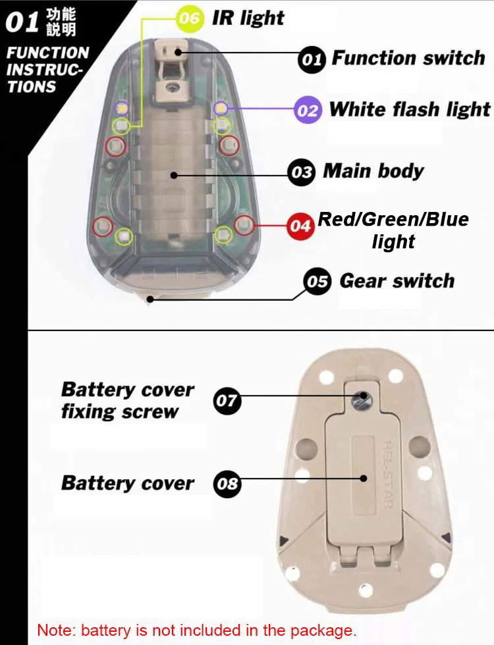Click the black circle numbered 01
pos(311,60)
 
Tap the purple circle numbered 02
pos(307,111)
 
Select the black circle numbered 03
pos(302,173)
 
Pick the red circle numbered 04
pos(301,226)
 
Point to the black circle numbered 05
pos(317,282)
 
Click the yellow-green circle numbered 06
pos(189,18)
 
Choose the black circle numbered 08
pos(227,485)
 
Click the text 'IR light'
pos(248,18)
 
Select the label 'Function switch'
pos(408,58)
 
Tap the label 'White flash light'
pos(410,109)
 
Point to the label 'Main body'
pos(373,172)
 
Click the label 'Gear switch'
pos(397,281)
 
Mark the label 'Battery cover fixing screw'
pos(128,401)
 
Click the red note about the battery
pos(196,629)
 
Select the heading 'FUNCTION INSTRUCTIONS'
pos(47,69)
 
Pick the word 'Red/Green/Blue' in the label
pos(393,219)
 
